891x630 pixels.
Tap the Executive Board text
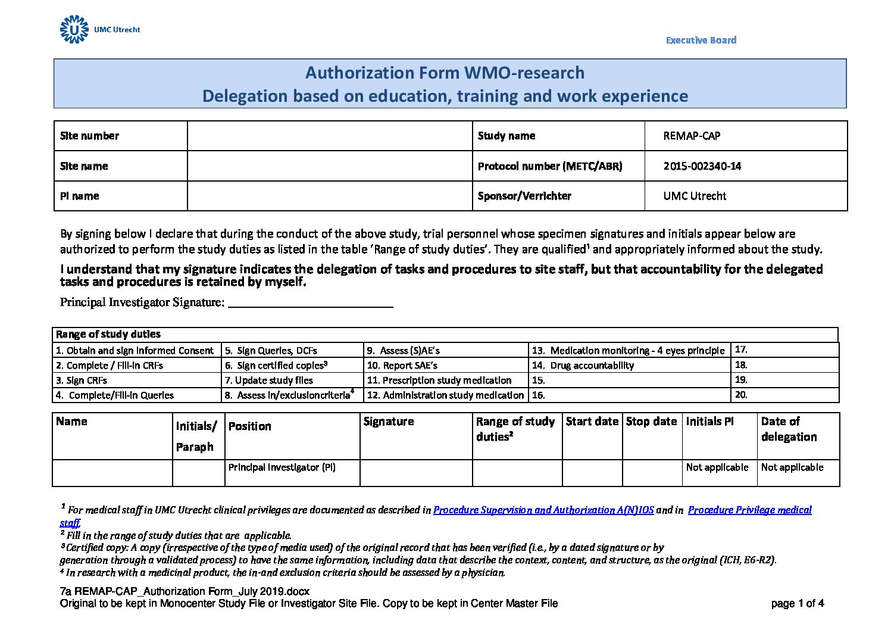point(701,40)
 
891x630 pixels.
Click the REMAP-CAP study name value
point(692,136)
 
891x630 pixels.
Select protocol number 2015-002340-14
point(702,166)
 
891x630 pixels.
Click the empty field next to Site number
point(329,136)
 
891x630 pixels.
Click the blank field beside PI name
point(329,196)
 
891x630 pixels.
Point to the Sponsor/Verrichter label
point(524,196)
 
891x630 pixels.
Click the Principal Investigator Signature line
point(310,302)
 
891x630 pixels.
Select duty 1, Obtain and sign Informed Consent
point(135,351)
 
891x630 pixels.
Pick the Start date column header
point(592,422)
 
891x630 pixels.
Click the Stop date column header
point(651,422)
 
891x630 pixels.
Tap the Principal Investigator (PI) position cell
point(282,467)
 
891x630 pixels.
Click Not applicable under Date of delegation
point(792,467)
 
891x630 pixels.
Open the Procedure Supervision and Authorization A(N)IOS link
point(543,510)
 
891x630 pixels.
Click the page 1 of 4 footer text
point(797,604)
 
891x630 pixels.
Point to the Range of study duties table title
point(108,335)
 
